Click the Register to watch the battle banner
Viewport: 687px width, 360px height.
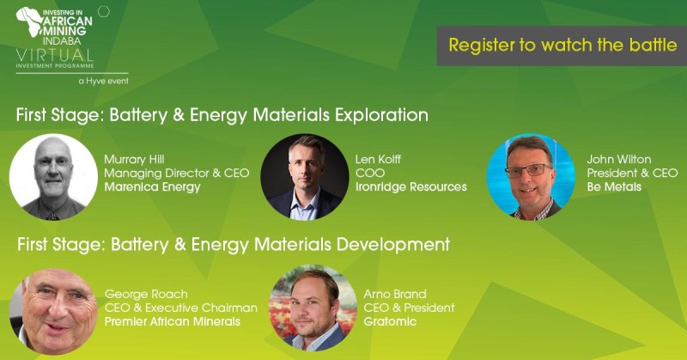tap(562, 46)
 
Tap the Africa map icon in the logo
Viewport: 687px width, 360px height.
tap(29, 21)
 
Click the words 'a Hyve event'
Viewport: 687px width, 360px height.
tap(104, 81)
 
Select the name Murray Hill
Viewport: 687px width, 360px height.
tap(134, 159)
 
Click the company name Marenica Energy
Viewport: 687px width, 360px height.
tap(153, 187)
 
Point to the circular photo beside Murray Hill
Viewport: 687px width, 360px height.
tap(53, 177)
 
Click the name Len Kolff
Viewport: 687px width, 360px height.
tap(378, 159)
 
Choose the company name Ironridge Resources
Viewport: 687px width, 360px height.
tap(411, 186)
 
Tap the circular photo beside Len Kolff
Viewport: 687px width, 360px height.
tap(305, 177)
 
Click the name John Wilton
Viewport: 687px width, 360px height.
tap(618, 159)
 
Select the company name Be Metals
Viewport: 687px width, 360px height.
tap(614, 186)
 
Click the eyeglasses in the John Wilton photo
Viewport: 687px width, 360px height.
tap(528, 170)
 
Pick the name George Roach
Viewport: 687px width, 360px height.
tap(146, 294)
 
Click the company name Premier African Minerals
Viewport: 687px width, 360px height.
tap(173, 321)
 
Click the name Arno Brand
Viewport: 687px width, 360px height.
tap(395, 294)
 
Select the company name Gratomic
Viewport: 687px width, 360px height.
tap(390, 321)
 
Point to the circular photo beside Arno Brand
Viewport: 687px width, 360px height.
tap(313, 308)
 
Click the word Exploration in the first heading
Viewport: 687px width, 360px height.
tap(381, 115)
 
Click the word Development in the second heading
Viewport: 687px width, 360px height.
tap(393, 245)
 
